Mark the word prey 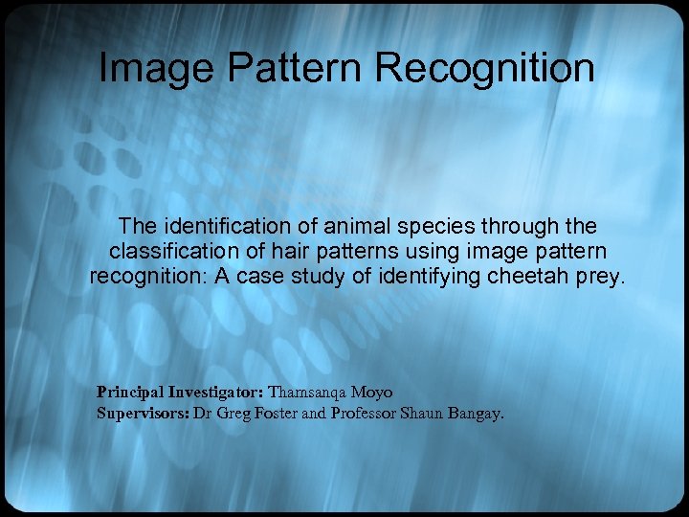pyautogui.click(x=597, y=279)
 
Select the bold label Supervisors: pyautogui.click(x=143, y=415)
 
